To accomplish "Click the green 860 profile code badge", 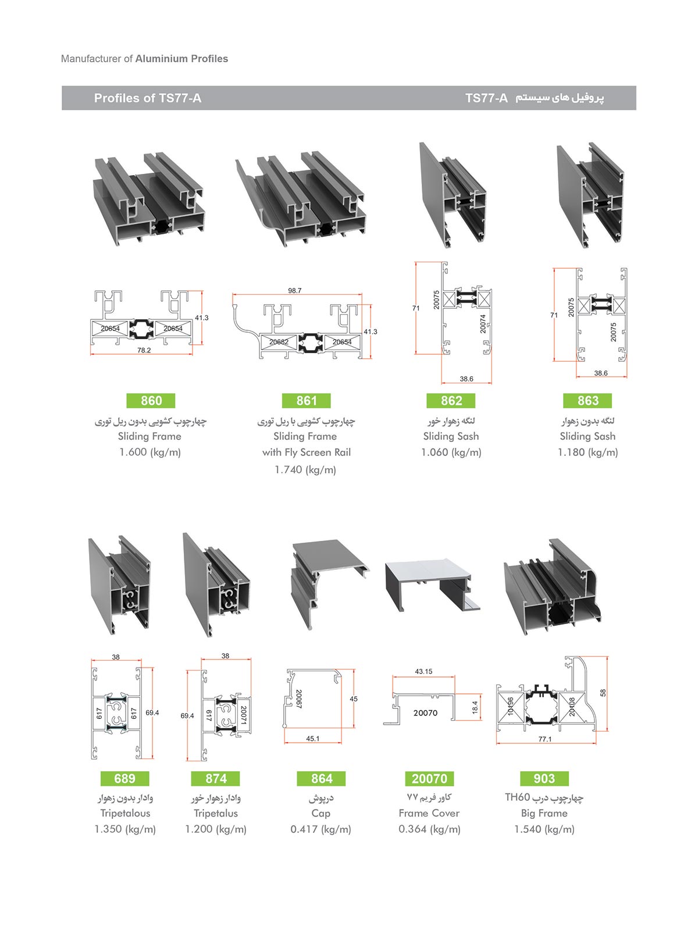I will (x=151, y=401).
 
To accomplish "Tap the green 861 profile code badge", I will (x=307, y=401).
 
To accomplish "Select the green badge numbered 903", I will (x=544, y=779).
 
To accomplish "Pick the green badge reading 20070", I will (x=429, y=779).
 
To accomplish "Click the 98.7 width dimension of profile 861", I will (x=295, y=290).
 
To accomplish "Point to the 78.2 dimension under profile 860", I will (x=144, y=350).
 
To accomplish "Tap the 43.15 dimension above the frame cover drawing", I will (x=423, y=671).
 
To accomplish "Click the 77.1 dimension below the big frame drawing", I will (x=545, y=739).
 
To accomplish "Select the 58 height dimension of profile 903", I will (x=603, y=693).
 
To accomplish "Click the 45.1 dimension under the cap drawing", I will (x=312, y=739).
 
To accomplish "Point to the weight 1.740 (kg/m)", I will (x=305, y=470).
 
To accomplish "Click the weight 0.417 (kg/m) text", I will (x=320, y=829).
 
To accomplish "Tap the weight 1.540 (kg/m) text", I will (x=544, y=829).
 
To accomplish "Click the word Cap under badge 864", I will (x=320, y=813).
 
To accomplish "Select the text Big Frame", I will (x=544, y=813).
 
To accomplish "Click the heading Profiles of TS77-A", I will (x=148, y=98).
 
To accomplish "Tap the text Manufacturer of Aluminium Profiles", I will (x=144, y=59).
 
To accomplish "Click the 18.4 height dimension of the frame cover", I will (x=475, y=707).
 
